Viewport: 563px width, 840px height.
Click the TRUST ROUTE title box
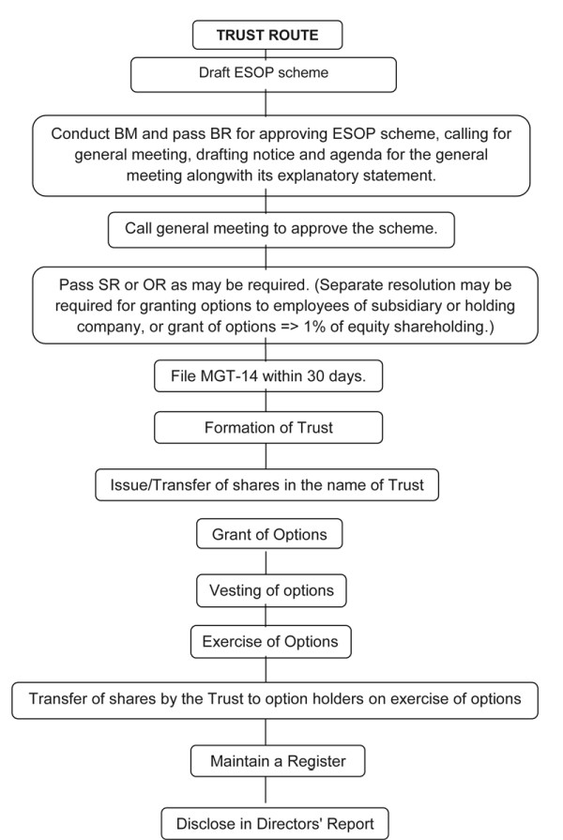click(267, 35)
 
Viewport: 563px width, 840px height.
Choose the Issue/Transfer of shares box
click(267, 484)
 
